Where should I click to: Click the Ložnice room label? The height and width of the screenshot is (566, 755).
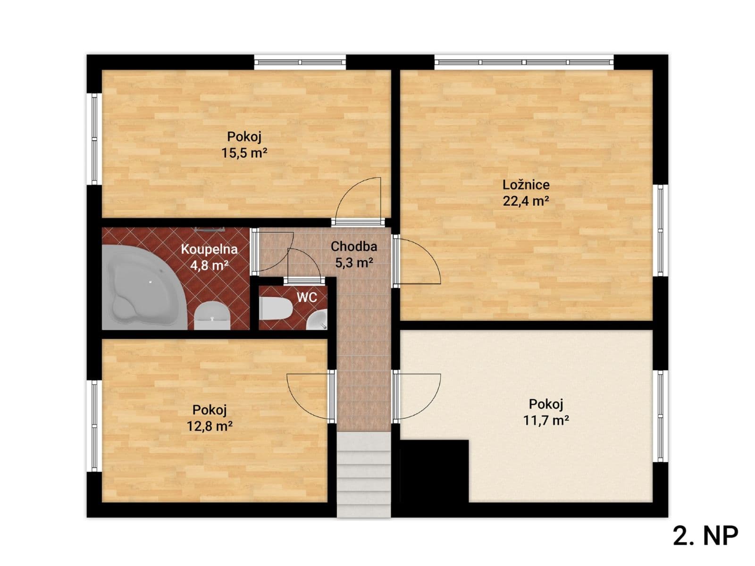(x=526, y=184)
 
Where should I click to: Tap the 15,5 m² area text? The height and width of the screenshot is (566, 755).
(x=244, y=153)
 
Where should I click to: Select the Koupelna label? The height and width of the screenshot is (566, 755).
(x=209, y=249)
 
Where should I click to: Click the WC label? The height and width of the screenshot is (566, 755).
(x=306, y=297)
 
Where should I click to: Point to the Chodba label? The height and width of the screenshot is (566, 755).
(x=354, y=246)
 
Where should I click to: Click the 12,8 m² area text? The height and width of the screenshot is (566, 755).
(x=210, y=426)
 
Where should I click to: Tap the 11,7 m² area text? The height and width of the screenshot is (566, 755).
(x=546, y=420)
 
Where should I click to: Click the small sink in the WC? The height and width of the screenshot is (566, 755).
(x=318, y=321)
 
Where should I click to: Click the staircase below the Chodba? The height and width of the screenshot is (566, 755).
(x=364, y=474)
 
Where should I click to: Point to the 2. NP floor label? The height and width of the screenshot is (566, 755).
(x=705, y=536)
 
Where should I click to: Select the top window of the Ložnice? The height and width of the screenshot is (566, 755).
(x=524, y=62)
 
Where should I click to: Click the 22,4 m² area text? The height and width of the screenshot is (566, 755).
(x=526, y=201)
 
